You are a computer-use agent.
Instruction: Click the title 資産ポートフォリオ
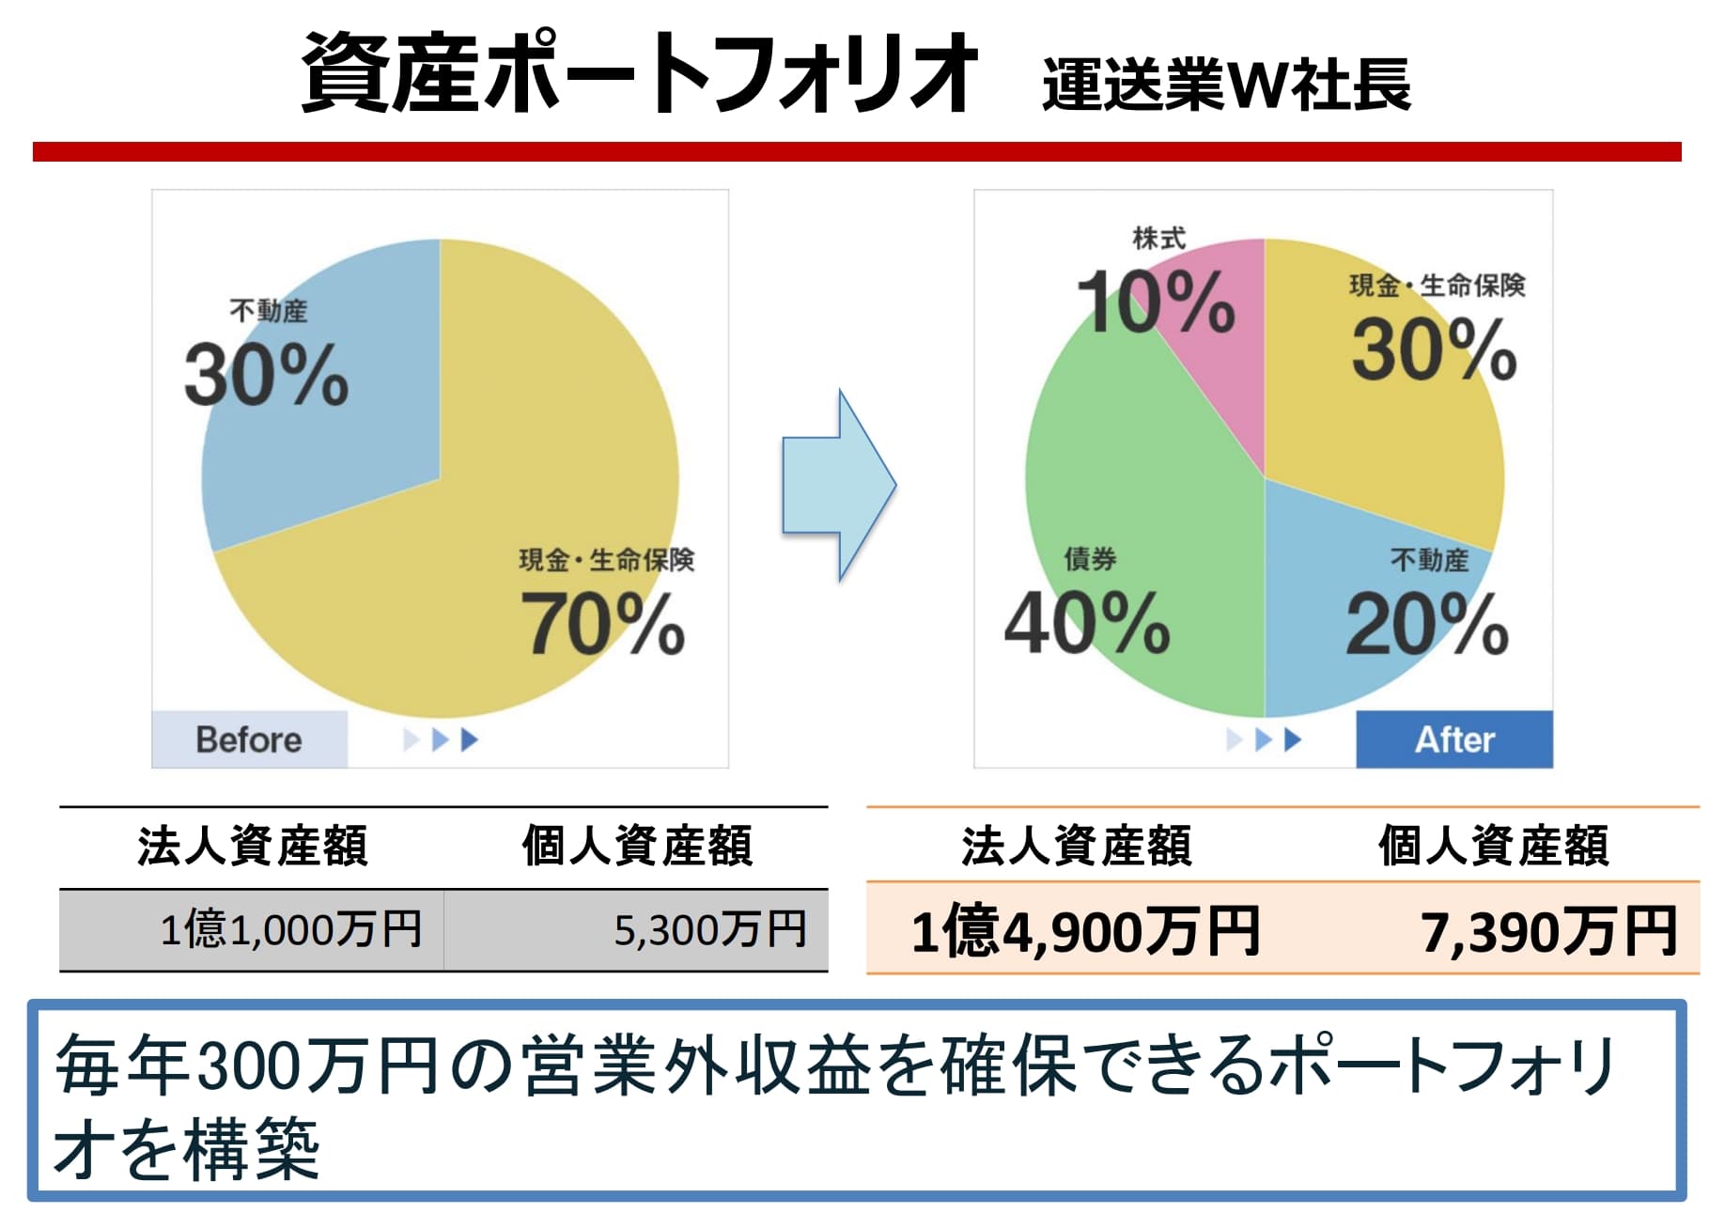[x=639, y=73]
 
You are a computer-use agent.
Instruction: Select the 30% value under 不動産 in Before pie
[x=266, y=375]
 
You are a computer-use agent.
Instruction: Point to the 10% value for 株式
[x=1155, y=302]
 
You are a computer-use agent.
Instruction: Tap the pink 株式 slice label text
[x=1158, y=239]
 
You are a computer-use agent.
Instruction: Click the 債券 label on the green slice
[x=1090, y=559]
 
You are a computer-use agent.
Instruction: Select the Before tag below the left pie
[x=249, y=739]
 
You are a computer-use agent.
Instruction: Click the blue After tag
[x=1453, y=739]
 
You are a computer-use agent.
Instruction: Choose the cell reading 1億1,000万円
[x=290, y=930]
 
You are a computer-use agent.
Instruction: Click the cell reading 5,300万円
[x=710, y=930]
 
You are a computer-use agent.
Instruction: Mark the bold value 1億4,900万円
[x=1085, y=931]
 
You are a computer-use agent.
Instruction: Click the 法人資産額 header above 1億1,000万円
[x=252, y=846]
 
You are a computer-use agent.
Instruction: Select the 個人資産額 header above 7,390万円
[x=1493, y=846]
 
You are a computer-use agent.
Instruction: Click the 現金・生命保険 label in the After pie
[x=1437, y=285]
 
